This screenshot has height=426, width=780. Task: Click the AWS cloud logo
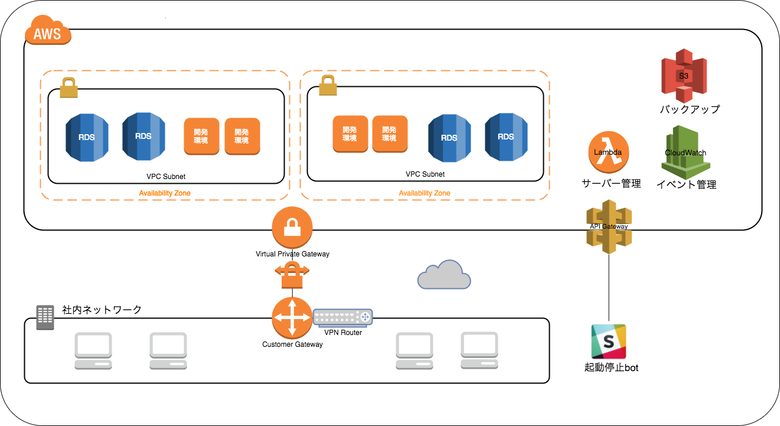[x=47, y=32]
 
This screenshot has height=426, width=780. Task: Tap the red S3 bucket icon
[x=683, y=76]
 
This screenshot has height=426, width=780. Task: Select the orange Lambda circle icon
[x=608, y=152]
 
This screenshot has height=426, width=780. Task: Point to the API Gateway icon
[x=609, y=227]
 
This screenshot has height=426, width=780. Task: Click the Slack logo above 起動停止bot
[x=608, y=341]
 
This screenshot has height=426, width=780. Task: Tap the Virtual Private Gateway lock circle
[x=292, y=228]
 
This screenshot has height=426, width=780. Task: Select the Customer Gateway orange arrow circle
[x=292, y=318]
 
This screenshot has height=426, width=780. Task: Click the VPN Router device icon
[x=342, y=317]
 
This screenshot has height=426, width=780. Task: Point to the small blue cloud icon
[x=444, y=275]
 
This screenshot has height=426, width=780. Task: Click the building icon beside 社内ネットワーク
[x=45, y=317]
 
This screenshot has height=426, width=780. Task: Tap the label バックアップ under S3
[x=689, y=109]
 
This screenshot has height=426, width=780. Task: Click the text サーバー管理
[x=611, y=184]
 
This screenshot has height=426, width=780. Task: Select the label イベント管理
[x=686, y=184]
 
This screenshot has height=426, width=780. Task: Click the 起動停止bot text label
[x=611, y=368]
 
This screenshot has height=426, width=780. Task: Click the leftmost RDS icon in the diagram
[x=86, y=137]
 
